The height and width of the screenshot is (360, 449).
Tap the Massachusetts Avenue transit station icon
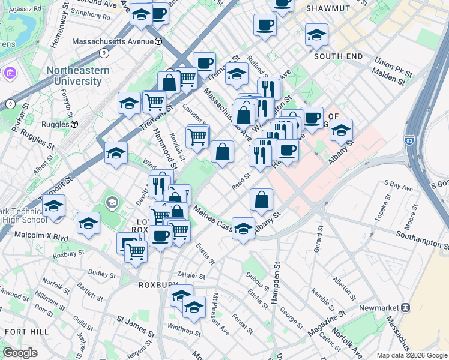point(158,41)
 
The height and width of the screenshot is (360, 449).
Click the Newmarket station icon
point(405,307)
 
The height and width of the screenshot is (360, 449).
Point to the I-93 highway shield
point(409,139)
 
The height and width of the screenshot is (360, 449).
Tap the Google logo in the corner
point(20,352)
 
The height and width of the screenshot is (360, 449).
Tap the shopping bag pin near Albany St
point(261,200)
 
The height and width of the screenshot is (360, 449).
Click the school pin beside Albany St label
point(243,229)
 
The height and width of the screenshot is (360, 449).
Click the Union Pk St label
point(393,64)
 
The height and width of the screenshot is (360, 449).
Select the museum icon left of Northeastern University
point(10,73)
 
